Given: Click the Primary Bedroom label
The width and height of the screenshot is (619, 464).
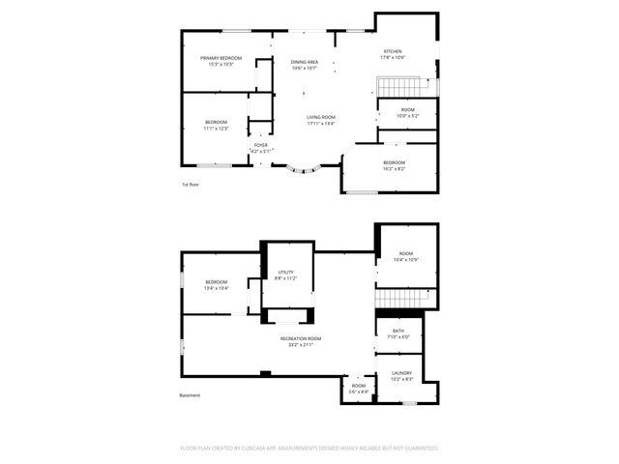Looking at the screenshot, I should point(221,58).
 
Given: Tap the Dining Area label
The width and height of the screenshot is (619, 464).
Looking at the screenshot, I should point(305,62).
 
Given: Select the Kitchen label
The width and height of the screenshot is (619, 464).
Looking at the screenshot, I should point(392,51).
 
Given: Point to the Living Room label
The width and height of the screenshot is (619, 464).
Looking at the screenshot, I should point(321,117).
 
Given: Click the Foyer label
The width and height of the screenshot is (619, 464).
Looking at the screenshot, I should point(261,145).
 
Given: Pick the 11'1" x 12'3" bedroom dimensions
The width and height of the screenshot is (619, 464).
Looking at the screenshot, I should point(216,128).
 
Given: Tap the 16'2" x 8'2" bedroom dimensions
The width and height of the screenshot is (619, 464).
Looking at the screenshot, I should point(393,168).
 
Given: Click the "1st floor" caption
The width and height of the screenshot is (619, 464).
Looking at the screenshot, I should point(192,184).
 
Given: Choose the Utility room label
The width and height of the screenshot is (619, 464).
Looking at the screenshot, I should point(286,273).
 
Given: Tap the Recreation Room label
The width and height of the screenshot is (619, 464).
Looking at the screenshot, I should point(301,338).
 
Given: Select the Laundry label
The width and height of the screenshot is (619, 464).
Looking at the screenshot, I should point(401,373).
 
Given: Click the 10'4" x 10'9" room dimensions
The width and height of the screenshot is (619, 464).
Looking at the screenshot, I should point(405,259).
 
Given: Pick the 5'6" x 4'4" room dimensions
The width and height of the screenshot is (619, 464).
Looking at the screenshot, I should point(359,391).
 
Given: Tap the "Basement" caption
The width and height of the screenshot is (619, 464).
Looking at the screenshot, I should point(190,395).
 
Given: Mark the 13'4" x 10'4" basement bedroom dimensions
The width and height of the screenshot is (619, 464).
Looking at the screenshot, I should point(216,288).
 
